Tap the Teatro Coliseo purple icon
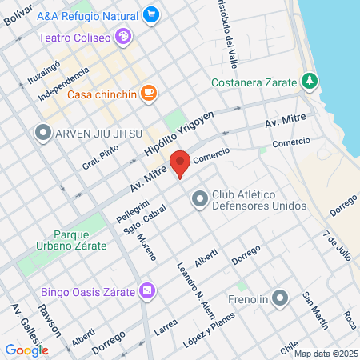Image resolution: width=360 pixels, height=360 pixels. pos(122,36)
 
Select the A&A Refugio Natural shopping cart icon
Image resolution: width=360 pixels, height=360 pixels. pos(150,14)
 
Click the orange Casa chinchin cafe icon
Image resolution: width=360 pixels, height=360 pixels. pos(147,94)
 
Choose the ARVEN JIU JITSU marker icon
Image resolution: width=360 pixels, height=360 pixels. pos(42,133)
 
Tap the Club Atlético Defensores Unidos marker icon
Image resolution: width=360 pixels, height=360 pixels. pos(198,199)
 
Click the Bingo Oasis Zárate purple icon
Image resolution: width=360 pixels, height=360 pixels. pos(146,290)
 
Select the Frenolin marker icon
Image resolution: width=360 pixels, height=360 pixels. pos(279,299)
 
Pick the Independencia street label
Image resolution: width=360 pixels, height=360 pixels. pos(63,86)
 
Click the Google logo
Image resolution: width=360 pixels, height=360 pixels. pos(26,350)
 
